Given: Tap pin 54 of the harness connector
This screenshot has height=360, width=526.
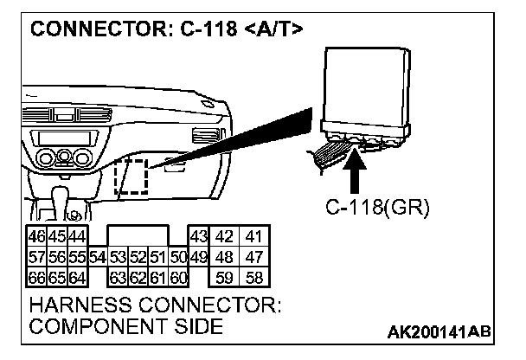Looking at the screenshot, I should tap(97, 257).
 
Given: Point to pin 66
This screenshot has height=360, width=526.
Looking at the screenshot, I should tap(37, 277).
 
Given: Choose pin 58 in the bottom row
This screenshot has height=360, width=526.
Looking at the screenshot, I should tap(255, 277).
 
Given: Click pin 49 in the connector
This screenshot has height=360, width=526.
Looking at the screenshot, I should tap(198, 257).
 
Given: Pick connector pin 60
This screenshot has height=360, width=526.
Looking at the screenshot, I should tap(179, 277).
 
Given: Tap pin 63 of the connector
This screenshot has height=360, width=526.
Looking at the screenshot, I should tap(118, 277).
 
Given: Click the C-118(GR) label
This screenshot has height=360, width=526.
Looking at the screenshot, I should tap(377, 208).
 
